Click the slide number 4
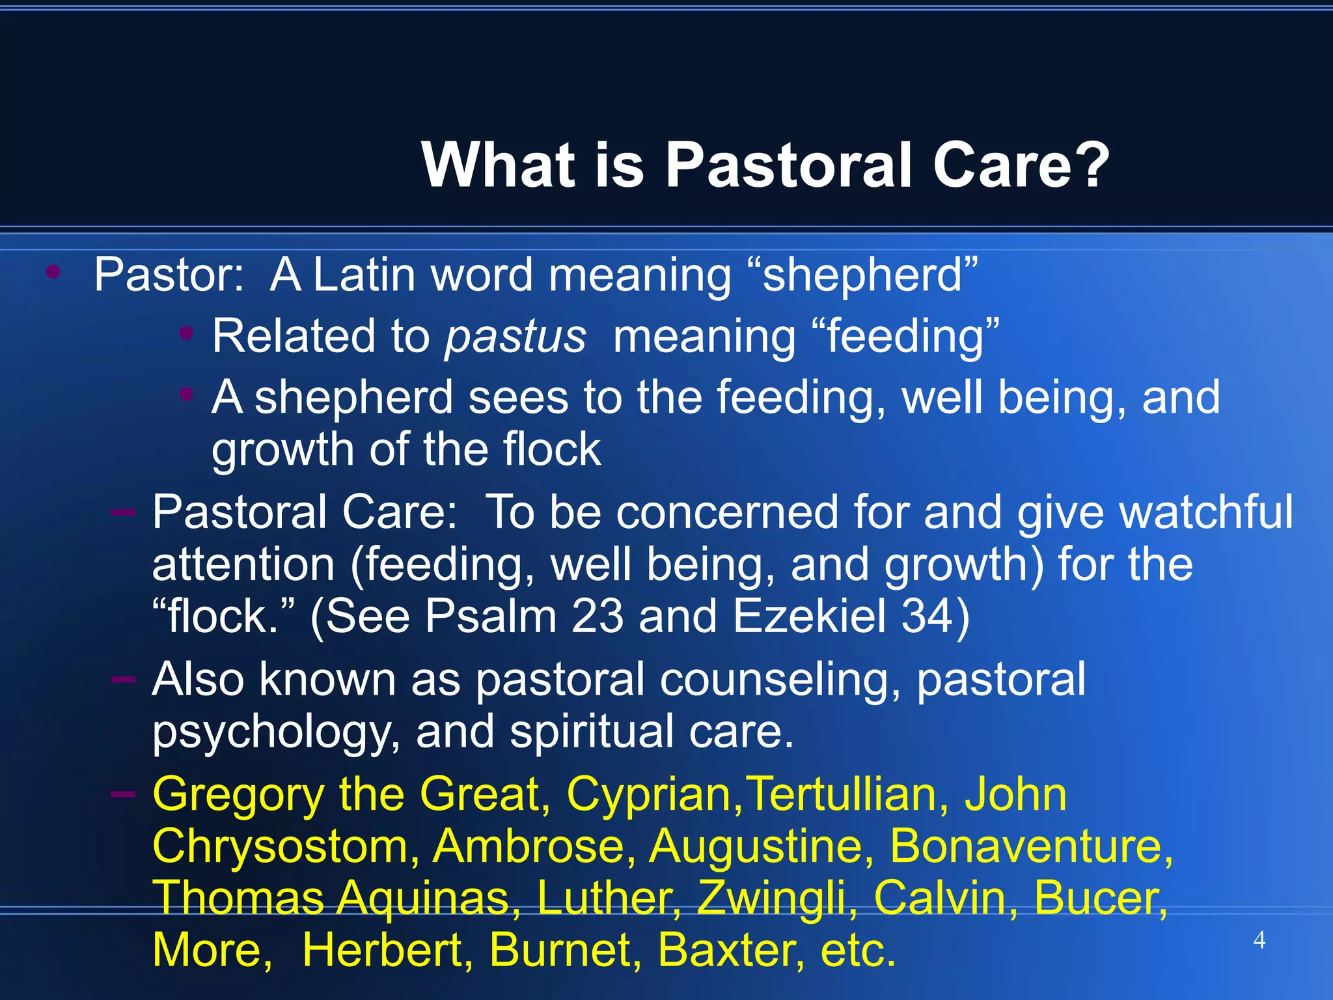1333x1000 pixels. pos(1259,940)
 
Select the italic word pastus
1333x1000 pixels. pos(515,337)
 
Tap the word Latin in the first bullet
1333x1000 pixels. pos(364,275)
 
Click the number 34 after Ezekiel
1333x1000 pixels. pos(927,616)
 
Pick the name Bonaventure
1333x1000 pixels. pos(1030,846)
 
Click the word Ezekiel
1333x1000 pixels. pos(810,616)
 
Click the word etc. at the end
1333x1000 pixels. pos(858,950)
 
